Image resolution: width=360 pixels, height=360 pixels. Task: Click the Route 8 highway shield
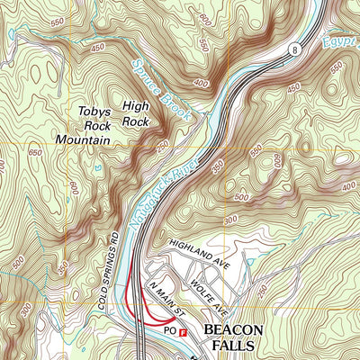pyautogui.click(x=292, y=51)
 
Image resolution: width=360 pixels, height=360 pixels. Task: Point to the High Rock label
pyautogui.click(x=136, y=112)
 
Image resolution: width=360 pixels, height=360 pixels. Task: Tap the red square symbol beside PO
pyautogui.click(x=184, y=332)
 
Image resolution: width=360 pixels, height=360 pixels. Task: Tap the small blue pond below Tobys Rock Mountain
pyautogui.click(x=93, y=166)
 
